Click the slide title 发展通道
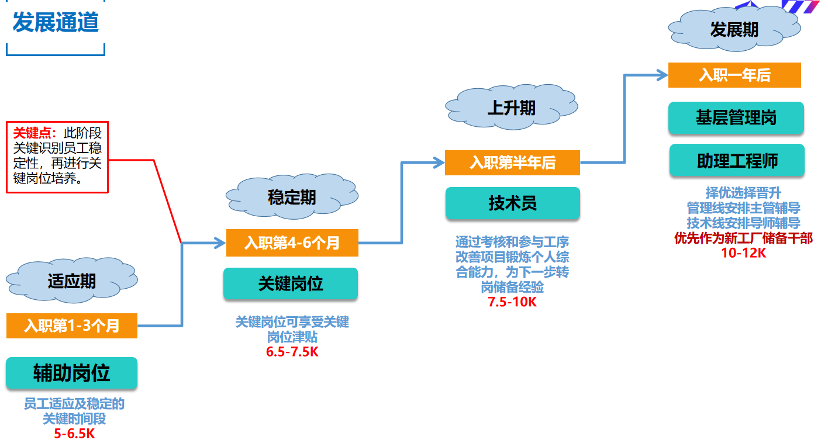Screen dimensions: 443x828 click(x=56, y=23)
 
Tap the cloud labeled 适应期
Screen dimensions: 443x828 click(x=71, y=281)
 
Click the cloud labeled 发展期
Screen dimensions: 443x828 click(x=734, y=30)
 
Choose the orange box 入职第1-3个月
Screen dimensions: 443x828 click(x=72, y=326)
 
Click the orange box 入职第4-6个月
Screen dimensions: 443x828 click(x=292, y=242)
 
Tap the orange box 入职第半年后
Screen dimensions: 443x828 click(x=512, y=162)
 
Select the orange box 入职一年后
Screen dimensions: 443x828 click(x=734, y=75)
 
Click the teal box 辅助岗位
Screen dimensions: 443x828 click(x=72, y=373)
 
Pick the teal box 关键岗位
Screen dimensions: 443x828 click(x=291, y=283)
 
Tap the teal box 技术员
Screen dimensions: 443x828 click(x=512, y=203)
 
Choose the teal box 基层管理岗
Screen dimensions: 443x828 click(x=736, y=118)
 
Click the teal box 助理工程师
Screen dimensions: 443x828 click(x=737, y=161)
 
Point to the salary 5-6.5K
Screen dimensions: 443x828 click(x=74, y=434)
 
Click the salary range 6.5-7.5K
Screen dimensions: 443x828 click(x=292, y=352)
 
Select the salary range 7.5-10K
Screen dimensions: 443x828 click(x=512, y=302)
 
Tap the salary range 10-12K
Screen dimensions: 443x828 click(x=743, y=252)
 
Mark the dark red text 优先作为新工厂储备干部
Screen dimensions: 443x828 click(x=743, y=238)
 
